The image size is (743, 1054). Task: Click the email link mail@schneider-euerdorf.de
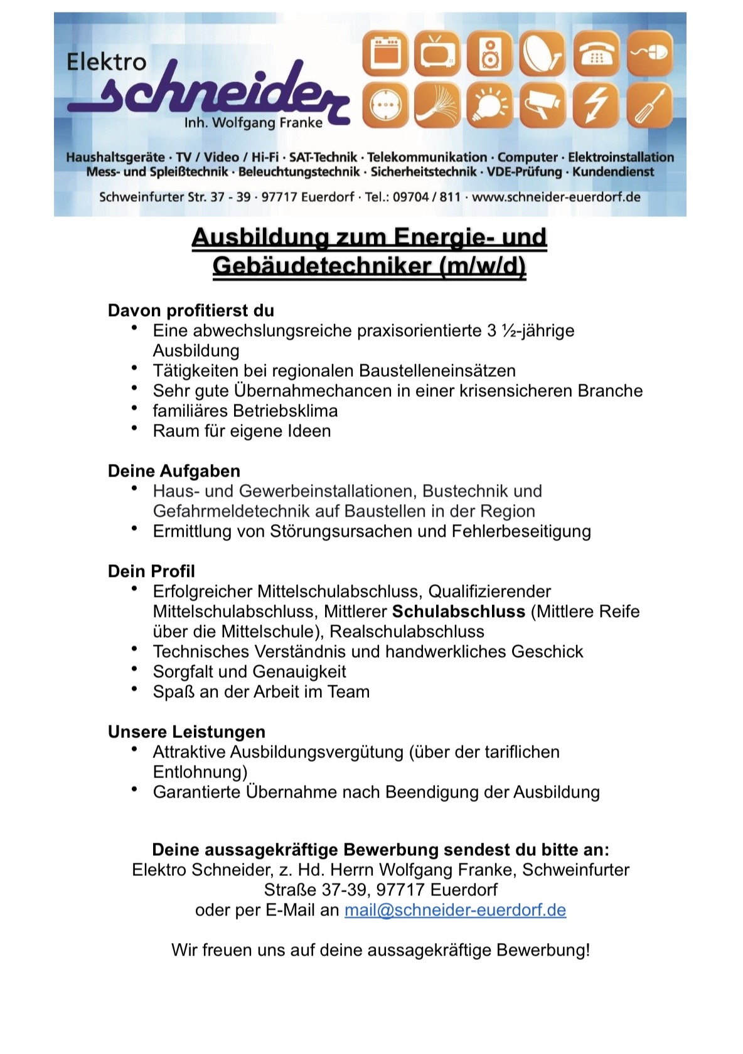tap(455, 910)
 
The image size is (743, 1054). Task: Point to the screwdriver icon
tap(649, 105)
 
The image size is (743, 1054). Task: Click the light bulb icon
tap(489, 105)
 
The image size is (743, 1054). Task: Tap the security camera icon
tap(543, 105)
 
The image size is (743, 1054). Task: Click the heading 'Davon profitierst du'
tap(191, 310)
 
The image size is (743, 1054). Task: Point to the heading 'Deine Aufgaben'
tap(174, 471)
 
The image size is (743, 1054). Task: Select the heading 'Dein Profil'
tap(151, 571)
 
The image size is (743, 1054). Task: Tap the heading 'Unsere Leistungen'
tap(186, 732)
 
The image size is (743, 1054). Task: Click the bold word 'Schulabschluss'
tap(459, 611)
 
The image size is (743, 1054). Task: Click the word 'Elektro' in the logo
tap(106, 61)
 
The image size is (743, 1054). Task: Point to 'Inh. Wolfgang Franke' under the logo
tap(253, 123)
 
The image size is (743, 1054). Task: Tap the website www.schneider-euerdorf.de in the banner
tap(556, 197)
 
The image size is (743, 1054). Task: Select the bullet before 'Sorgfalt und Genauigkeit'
tap(134, 670)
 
